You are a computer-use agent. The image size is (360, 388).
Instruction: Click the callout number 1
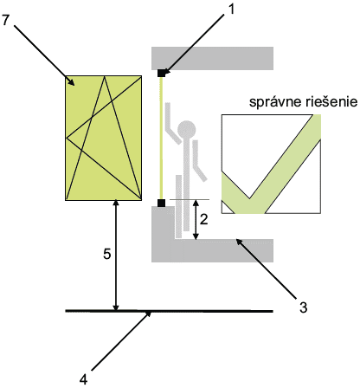click(x=231, y=10)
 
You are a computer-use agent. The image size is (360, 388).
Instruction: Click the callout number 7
click(x=5, y=20)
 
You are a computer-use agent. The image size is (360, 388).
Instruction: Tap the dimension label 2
click(x=203, y=220)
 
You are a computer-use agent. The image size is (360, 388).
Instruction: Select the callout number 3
click(x=303, y=307)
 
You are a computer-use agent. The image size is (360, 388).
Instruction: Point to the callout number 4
click(x=83, y=379)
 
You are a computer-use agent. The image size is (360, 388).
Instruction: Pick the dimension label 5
click(x=107, y=255)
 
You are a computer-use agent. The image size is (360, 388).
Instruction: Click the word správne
click(x=271, y=102)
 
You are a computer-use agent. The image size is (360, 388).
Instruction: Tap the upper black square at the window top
click(x=161, y=73)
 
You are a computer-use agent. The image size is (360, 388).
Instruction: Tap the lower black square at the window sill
click(x=161, y=203)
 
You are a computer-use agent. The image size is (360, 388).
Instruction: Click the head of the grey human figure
click(x=187, y=129)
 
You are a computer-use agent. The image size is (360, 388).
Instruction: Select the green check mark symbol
click(x=271, y=164)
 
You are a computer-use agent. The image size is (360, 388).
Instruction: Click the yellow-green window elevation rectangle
click(x=104, y=138)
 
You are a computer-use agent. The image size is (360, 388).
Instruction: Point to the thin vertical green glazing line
click(x=161, y=138)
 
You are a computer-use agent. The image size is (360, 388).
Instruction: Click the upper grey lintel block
click(x=212, y=58)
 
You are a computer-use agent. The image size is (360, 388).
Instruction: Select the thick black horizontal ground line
click(x=170, y=311)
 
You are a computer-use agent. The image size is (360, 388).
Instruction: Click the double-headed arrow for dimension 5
click(x=116, y=255)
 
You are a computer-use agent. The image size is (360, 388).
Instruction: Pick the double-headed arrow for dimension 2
click(x=196, y=219)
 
